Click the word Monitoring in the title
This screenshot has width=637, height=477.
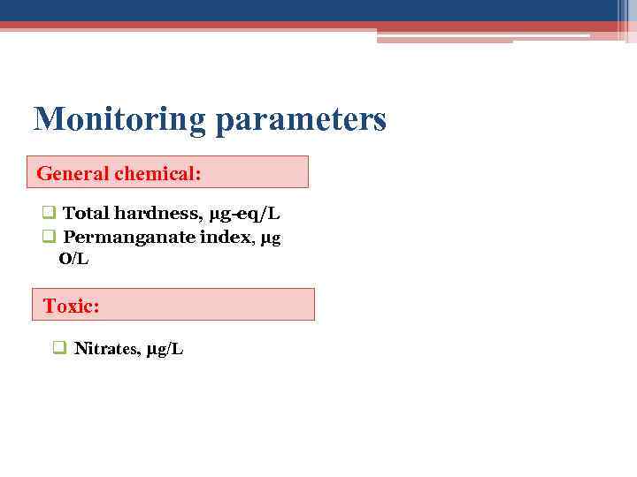tap(119, 119)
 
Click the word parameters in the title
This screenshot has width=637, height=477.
tap(301, 119)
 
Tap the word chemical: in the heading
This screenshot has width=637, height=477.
tap(157, 173)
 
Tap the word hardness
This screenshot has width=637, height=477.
tap(158, 214)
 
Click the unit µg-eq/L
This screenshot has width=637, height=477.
tap(245, 214)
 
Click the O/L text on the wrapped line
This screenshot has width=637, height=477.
tap(73, 259)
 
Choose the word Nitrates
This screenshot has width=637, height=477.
tap(106, 349)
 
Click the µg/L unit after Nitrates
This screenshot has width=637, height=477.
tap(165, 349)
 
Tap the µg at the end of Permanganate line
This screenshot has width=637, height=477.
tap(272, 238)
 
